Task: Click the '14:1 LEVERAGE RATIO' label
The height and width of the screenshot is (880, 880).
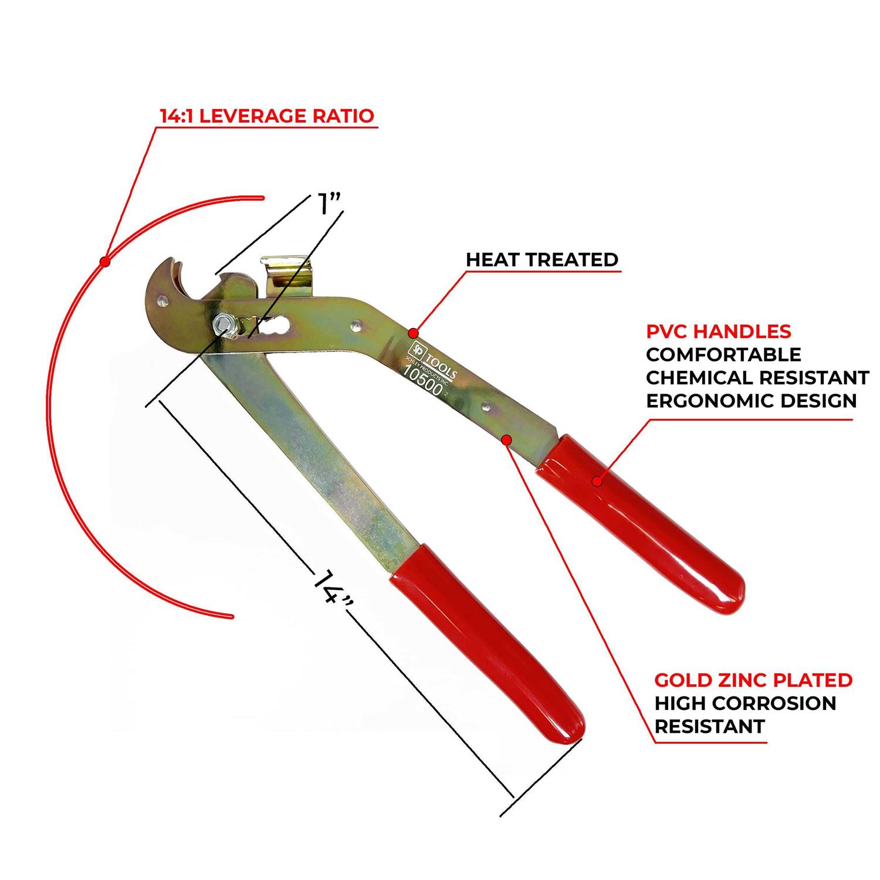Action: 267,116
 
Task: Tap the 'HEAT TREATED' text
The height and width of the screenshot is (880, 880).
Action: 542,259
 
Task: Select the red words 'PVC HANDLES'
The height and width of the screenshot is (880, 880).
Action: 718,331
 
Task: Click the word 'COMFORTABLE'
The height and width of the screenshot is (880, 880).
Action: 723,354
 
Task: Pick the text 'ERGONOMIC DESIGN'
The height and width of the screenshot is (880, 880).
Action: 751,401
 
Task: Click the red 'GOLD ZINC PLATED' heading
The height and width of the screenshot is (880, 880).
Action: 753,680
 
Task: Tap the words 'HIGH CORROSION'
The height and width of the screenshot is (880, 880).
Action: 745,703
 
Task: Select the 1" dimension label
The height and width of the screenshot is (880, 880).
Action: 329,205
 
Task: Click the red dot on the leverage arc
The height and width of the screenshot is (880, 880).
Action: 105,262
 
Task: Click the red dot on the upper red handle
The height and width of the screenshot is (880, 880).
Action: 597,482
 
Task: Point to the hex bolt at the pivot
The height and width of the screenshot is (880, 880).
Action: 223,324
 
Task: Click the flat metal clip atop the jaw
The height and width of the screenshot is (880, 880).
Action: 288,276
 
